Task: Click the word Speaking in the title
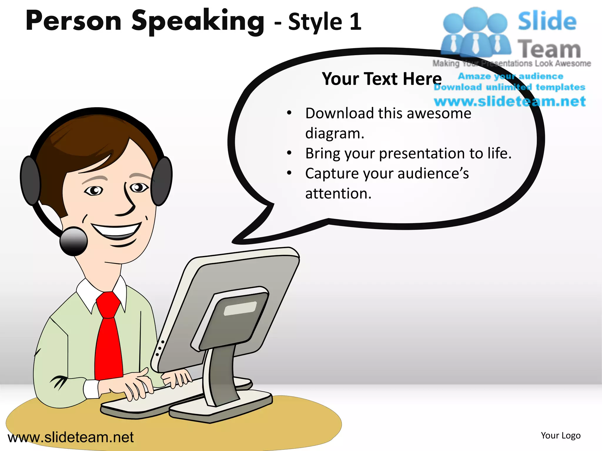pos(198,21)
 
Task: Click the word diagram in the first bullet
pos(335,133)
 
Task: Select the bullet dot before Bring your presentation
pos(289,153)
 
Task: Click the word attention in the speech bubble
pos(338,193)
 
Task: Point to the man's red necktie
pos(109,338)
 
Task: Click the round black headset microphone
pos(73,241)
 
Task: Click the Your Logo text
pos(561,435)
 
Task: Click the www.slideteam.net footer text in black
pos(71,437)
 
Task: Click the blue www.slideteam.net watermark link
pos(509,101)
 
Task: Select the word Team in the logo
pos(549,49)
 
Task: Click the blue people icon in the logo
pos(475,32)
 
